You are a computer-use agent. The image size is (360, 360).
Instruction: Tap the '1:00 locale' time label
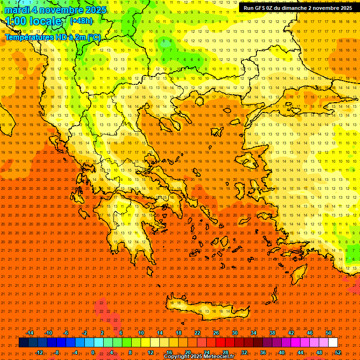34,21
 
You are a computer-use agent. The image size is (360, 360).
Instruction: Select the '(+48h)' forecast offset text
81,21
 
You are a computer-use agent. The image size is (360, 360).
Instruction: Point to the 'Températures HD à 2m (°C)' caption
52,37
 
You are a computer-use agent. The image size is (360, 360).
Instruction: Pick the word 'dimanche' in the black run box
292,8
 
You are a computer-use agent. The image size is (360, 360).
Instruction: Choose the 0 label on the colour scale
93,352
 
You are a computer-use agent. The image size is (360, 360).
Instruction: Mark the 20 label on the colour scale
188,352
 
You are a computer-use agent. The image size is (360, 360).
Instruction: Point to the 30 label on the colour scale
235,333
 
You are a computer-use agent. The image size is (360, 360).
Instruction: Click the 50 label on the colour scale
329,333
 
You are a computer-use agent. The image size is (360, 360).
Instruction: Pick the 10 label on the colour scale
141,333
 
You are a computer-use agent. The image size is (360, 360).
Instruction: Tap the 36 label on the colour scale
263,352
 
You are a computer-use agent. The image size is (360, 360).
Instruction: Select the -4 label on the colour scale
74,352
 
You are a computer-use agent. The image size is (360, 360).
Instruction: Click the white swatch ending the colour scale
333,343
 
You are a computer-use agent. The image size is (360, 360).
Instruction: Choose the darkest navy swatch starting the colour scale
23,343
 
